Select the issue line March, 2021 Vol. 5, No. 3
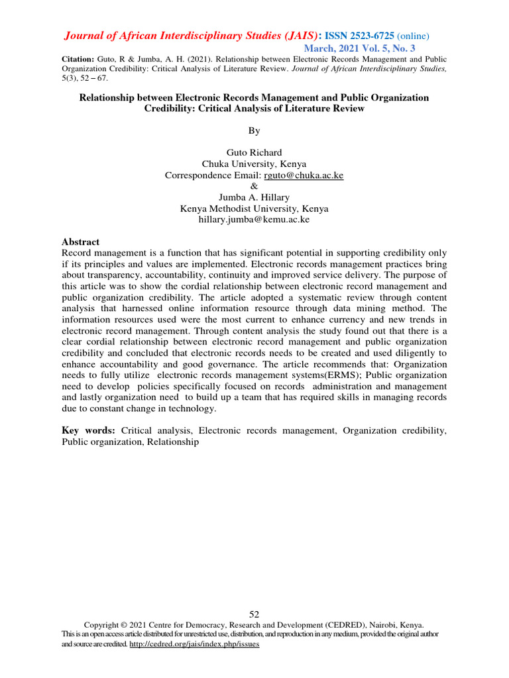click(x=359, y=49)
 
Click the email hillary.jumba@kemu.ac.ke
click(x=254, y=219)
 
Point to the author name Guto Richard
click(x=254, y=153)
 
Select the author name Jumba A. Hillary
click(x=254, y=197)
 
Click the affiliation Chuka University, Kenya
click(x=254, y=164)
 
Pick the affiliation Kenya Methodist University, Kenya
click(x=254, y=209)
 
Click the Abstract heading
click(x=80, y=242)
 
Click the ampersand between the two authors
click(x=254, y=187)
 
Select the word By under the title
click(x=254, y=130)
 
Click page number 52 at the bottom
click(x=254, y=614)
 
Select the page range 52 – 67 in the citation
click(x=95, y=78)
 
